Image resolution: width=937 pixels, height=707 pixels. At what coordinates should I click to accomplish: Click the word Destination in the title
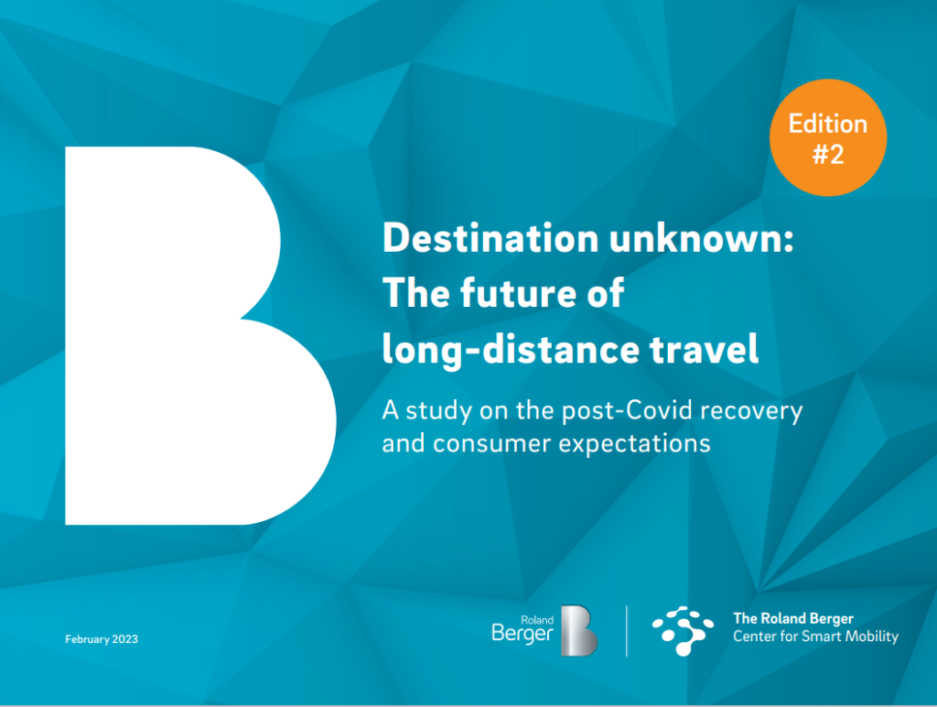click(490, 238)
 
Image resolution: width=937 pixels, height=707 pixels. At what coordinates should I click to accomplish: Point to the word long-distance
click(511, 349)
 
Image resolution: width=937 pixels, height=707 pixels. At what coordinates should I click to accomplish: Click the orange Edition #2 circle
click(827, 137)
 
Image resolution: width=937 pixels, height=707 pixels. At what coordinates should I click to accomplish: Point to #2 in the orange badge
click(828, 155)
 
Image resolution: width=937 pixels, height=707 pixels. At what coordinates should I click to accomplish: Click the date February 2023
click(102, 639)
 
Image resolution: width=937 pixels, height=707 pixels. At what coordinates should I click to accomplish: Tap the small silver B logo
click(578, 630)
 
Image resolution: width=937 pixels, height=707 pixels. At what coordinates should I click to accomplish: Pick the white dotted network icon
click(683, 630)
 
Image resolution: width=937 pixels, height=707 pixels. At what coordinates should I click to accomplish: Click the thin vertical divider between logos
click(626, 631)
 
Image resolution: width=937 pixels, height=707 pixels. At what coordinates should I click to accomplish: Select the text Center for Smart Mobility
click(815, 636)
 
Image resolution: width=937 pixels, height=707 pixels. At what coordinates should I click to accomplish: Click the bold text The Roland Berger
click(793, 618)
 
